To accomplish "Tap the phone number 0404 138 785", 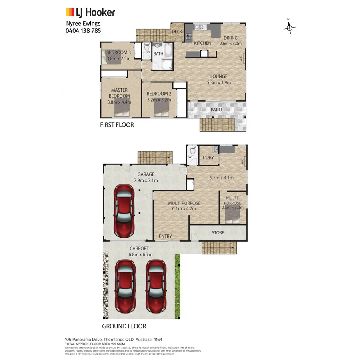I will (x=83, y=30).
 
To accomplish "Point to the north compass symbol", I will (x=289, y=27).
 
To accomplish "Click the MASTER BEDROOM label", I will (x=119, y=93).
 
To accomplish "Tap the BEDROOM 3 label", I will (x=118, y=52).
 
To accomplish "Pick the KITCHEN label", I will (x=202, y=43).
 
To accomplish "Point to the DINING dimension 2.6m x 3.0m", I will (x=230, y=44).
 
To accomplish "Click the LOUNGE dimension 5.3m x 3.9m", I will (x=219, y=82).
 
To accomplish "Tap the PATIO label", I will (x=216, y=109).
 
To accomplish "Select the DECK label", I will (x=177, y=32).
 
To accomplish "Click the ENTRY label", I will (x=165, y=236).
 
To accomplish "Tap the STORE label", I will (x=218, y=232).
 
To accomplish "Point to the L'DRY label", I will (x=208, y=158).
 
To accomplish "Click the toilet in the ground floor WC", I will (x=192, y=151).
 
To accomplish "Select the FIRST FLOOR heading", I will (x=117, y=125).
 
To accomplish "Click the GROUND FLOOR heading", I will (x=124, y=326).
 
